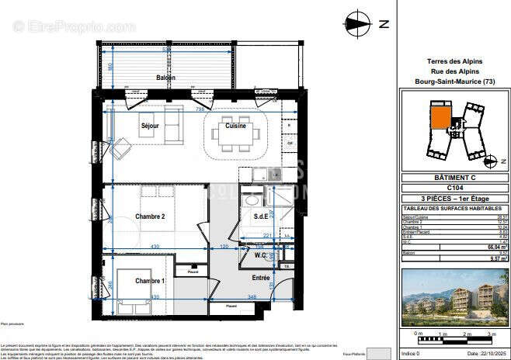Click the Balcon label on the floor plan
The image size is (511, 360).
point(165,78)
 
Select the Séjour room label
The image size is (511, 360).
point(150,125)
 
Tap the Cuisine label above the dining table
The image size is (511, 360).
point(236,126)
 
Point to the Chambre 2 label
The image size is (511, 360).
point(150,216)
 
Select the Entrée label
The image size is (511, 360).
point(261,278)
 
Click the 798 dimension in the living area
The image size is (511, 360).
point(200,110)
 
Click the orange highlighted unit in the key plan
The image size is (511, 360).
point(440,116)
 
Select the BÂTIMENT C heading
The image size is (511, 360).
point(454,178)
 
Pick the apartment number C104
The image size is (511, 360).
point(454,188)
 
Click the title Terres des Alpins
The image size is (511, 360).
point(454,61)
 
